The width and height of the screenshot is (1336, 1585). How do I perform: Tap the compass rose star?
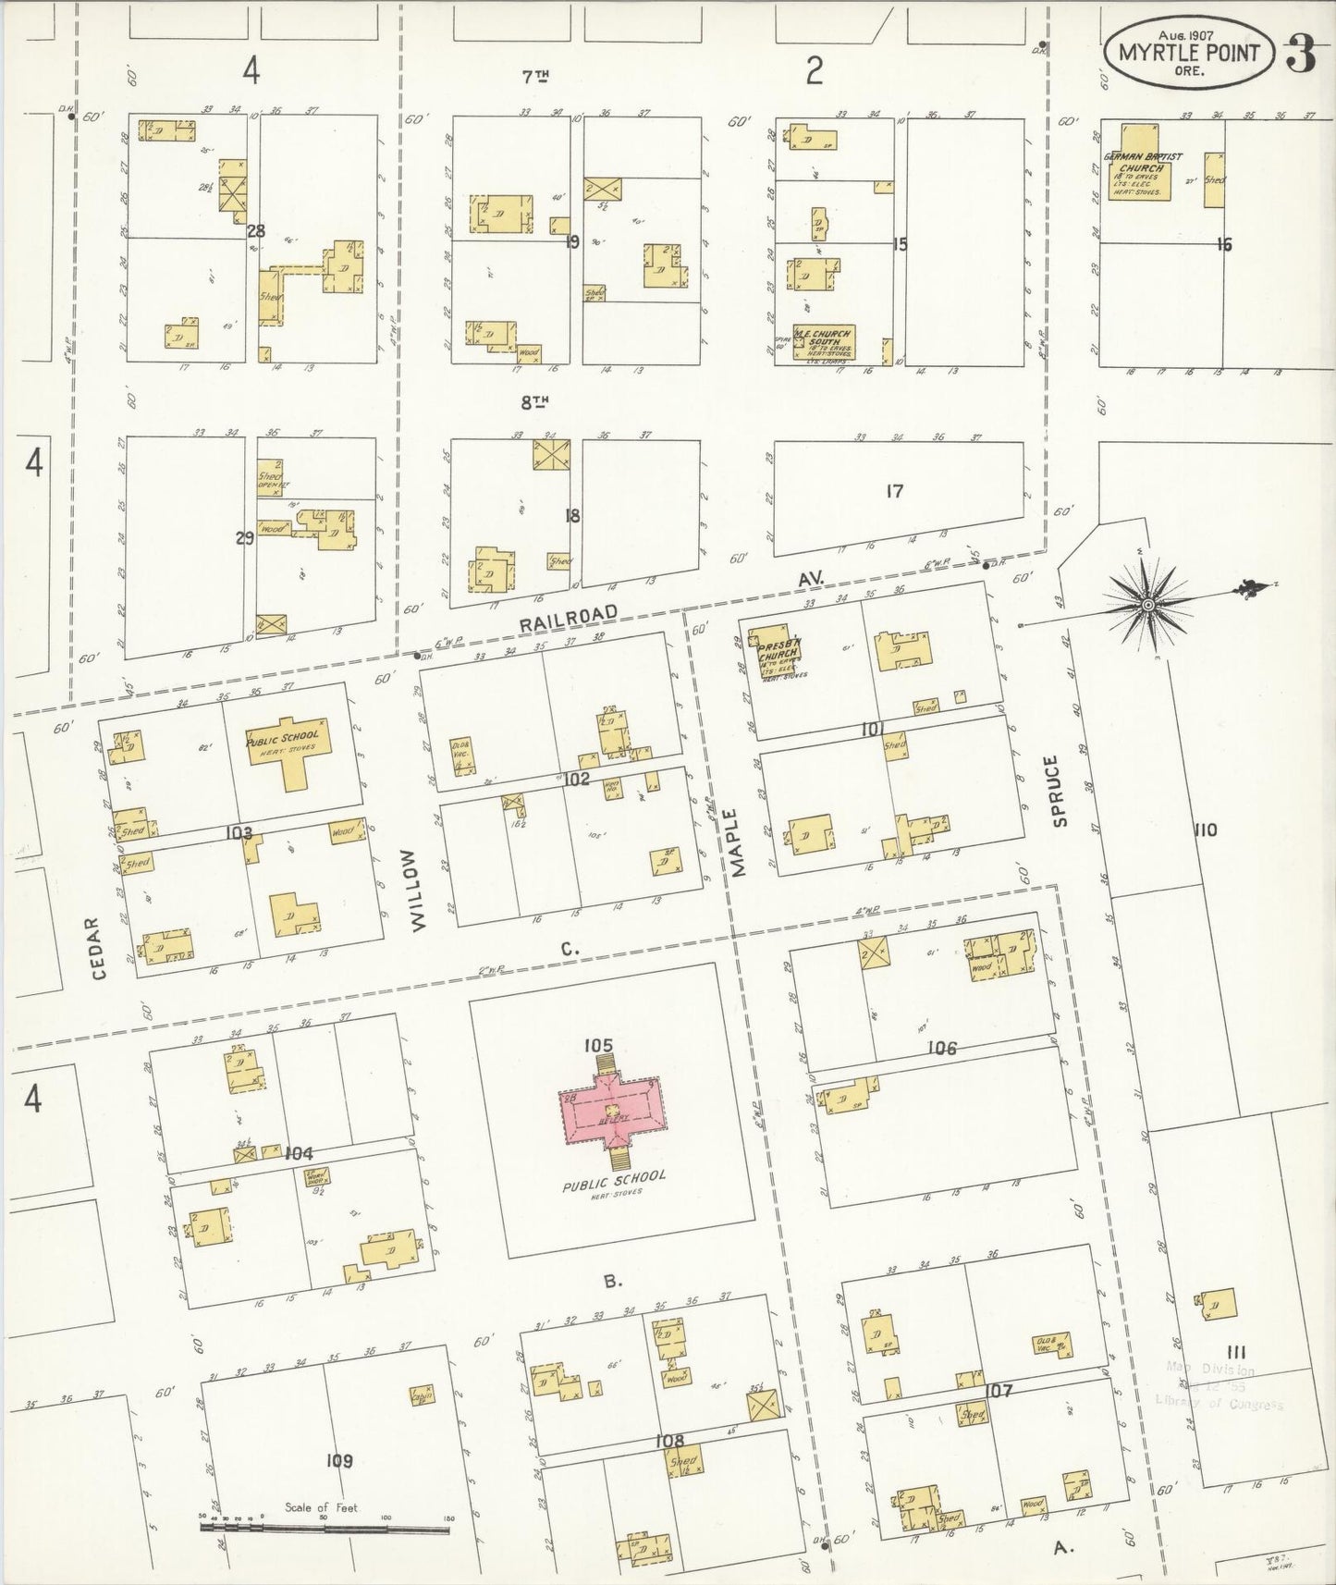(1147, 605)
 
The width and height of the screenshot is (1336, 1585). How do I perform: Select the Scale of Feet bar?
(325, 1529)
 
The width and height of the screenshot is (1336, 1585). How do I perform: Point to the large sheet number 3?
(1301, 55)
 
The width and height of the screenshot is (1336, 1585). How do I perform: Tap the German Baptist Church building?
(1146, 173)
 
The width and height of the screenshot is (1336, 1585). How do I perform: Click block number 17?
(893, 491)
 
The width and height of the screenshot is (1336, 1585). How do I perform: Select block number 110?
(1205, 829)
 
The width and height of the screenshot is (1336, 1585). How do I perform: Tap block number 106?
(942, 1049)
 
